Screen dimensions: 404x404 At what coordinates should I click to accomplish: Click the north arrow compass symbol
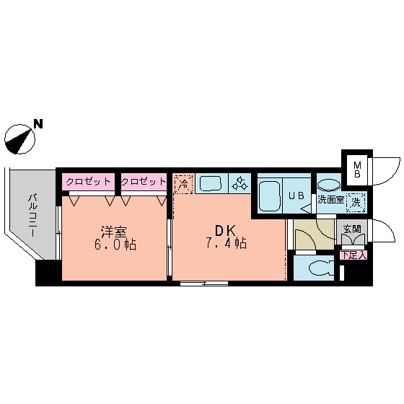click(20, 138)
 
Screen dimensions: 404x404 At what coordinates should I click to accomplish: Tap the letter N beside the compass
click(38, 124)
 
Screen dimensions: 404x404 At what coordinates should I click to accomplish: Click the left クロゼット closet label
click(88, 182)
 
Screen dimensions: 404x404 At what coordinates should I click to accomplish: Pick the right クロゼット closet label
click(143, 182)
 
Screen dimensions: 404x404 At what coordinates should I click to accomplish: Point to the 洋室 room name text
click(114, 232)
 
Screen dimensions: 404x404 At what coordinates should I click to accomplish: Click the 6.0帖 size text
click(114, 245)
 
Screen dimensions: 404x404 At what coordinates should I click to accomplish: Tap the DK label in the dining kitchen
click(221, 231)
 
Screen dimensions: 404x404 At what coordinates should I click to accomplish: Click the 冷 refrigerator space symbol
click(183, 184)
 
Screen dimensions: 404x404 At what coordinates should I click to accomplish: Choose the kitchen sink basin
click(212, 184)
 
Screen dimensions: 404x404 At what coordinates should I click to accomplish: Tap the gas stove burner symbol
click(241, 185)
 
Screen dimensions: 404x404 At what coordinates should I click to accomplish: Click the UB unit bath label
click(297, 195)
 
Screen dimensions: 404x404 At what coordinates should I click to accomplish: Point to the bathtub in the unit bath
click(271, 195)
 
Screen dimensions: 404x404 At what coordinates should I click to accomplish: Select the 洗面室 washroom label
click(331, 201)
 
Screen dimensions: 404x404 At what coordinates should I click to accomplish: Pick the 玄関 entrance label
click(352, 229)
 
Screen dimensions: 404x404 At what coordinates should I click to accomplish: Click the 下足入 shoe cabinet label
click(354, 254)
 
